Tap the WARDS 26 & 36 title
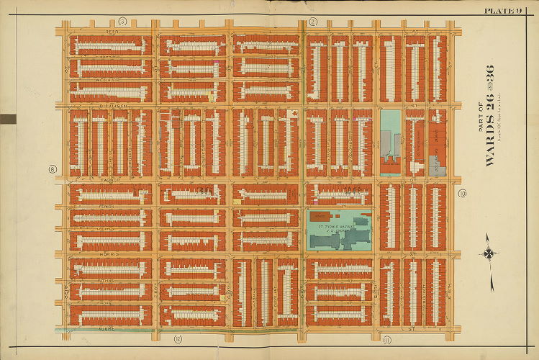click(x=489, y=115)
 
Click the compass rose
click(x=488, y=253)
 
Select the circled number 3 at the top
click(x=123, y=22)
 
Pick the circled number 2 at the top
click(x=312, y=22)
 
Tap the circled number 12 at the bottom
click(x=178, y=338)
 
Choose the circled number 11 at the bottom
click(x=386, y=338)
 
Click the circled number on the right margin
click(x=462, y=193)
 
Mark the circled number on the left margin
click(x=52, y=170)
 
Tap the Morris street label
click(x=108, y=254)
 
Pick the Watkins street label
click(x=108, y=279)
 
